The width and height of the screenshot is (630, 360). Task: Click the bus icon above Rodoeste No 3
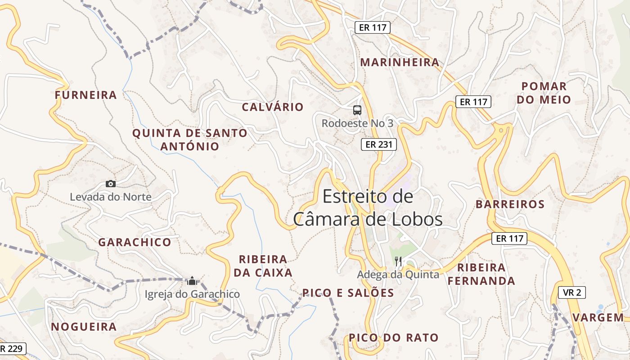click(x=357, y=110)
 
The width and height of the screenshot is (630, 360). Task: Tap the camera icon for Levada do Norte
click(x=111, y=184)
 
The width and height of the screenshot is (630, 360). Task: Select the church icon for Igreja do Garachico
click(x=192, y=281)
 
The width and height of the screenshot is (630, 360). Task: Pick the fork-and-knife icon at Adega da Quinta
click(x=398, y=261)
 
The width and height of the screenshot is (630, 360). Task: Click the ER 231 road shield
click(x=379, y=144)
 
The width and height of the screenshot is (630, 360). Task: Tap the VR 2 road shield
click(x=572, y=292)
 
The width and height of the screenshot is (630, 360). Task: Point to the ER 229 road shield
click(x=12, y=349)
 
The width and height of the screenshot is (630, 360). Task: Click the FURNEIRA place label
click(x=86, y=95)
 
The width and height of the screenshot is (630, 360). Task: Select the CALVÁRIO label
click(x=273, y=107)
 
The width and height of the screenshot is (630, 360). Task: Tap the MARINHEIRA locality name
click(x=400, y=63)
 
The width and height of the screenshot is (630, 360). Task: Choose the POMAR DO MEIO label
click(x=544, y=93)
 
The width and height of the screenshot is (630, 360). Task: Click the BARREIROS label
click(x=510, y=204)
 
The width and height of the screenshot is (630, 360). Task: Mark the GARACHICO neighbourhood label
click(x=135, y=242)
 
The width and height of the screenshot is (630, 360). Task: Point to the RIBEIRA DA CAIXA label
click(x=263, y=266)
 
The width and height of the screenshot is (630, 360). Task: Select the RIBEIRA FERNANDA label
click(x=481, y=274)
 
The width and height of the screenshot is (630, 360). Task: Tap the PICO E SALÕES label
click(x=348, y=293)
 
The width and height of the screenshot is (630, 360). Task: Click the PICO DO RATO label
click(x=393, y=337)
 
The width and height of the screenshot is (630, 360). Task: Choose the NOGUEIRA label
click(x=84, y=327)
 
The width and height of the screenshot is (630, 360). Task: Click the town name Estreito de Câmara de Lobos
click(x=368, y=208)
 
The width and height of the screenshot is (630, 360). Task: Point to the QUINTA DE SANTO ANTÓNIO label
click(x=190, y=139)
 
